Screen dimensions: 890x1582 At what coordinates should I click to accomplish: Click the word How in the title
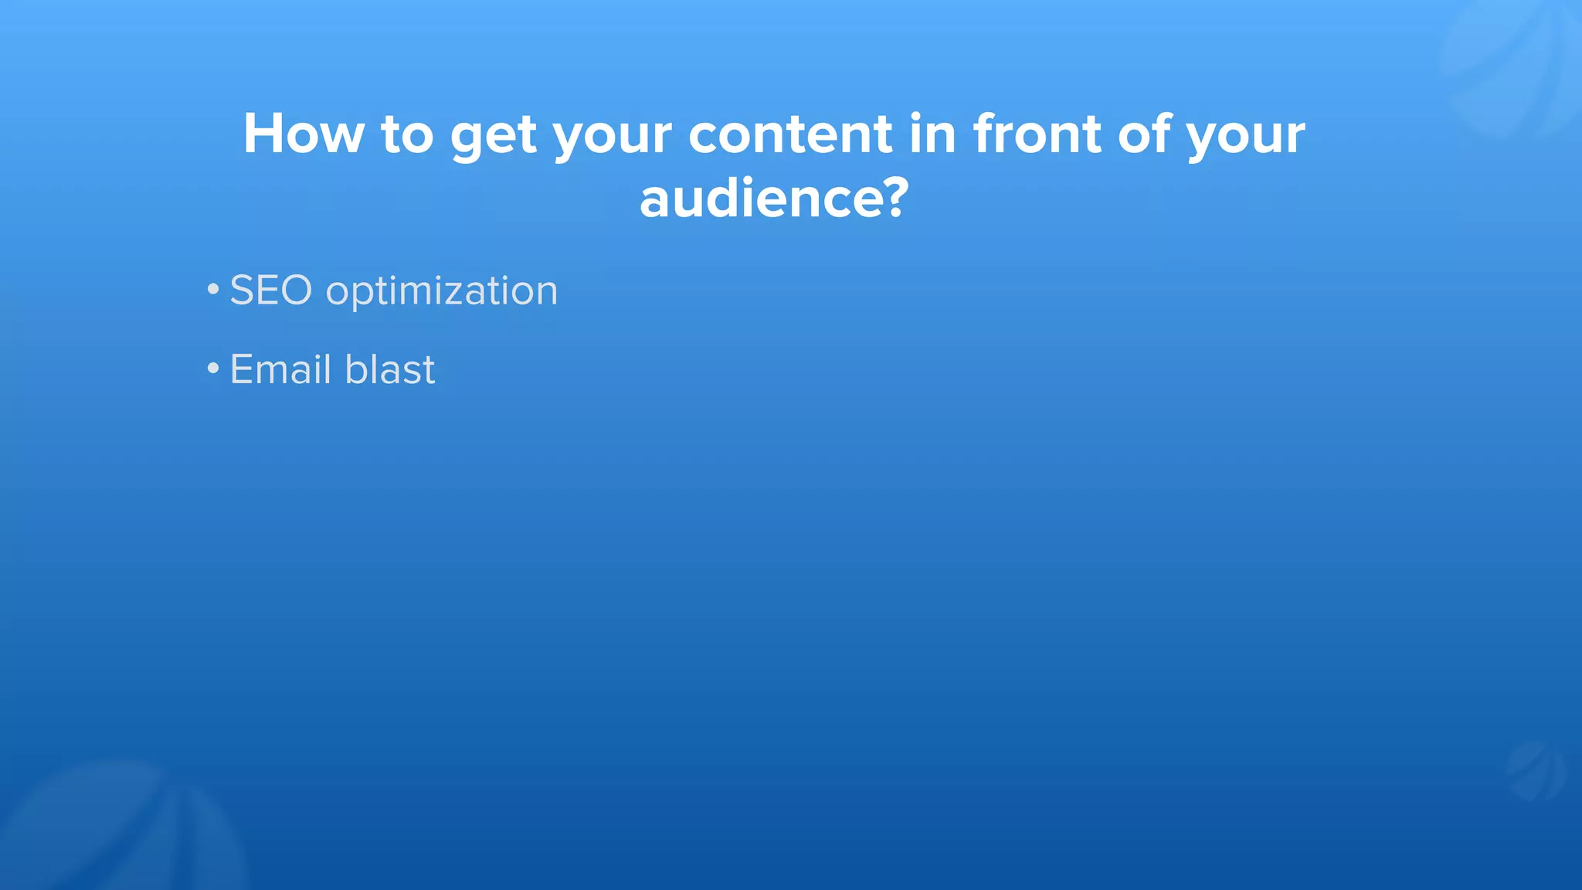(x=303, y=134)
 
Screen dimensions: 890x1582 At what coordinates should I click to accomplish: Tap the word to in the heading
(x=406, y=134)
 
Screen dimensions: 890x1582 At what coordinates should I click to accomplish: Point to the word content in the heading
(x=790, y=134)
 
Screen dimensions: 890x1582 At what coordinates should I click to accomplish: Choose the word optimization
(x=441, y=292)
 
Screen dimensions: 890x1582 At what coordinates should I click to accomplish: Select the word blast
(x=389, y=369)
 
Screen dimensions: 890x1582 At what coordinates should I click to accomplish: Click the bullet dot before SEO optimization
(x=213, y=290)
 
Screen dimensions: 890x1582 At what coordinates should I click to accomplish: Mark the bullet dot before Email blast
(x=213, y=369)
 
